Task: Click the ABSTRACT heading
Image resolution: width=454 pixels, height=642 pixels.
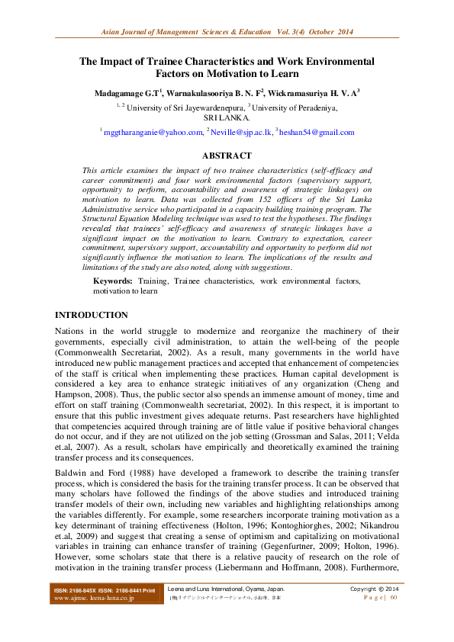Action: click(227, 155)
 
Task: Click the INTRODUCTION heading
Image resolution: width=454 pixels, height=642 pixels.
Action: click(92, 315)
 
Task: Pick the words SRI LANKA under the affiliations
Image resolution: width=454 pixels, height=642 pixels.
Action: click(227, 118)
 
